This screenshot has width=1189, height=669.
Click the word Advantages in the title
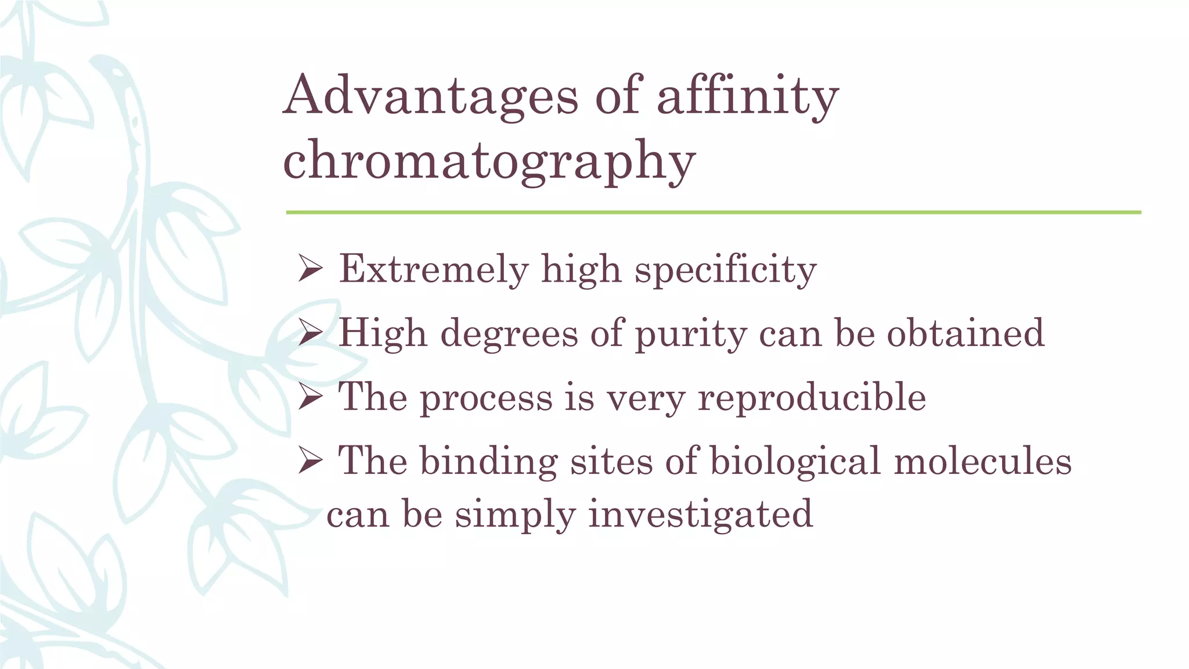pyautogui.click(x=431, y=96)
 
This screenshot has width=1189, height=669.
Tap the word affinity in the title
pyautogui.click(x=748, y=96)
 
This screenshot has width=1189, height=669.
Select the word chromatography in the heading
pyautogui.click(x=489, y=161)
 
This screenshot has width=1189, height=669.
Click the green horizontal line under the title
pyautogui.click(x=713, y=213)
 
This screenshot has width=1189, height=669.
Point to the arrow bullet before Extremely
pyautogui.click(x=310, y=269)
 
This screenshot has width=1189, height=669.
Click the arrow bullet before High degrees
pyautogui.click(x=310, y=333)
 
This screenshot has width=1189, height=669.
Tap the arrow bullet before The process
pyautogui.click(x=310, y=397)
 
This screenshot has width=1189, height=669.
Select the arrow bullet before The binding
pyautogui.click(x=310, y=461)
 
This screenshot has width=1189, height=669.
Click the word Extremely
pyautogui.click(x=433, y=269)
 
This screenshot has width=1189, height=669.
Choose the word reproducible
pyautogui.click(x=812, y=398)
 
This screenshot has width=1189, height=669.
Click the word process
pyautogui.click(x=486, y=398)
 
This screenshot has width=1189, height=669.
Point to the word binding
pyautogui.click(x=488, y=462)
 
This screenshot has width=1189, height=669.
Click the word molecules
pyautogui.click(x=982, y=461)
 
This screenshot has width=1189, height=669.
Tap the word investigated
pyautogui.click(x=700, y=515)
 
